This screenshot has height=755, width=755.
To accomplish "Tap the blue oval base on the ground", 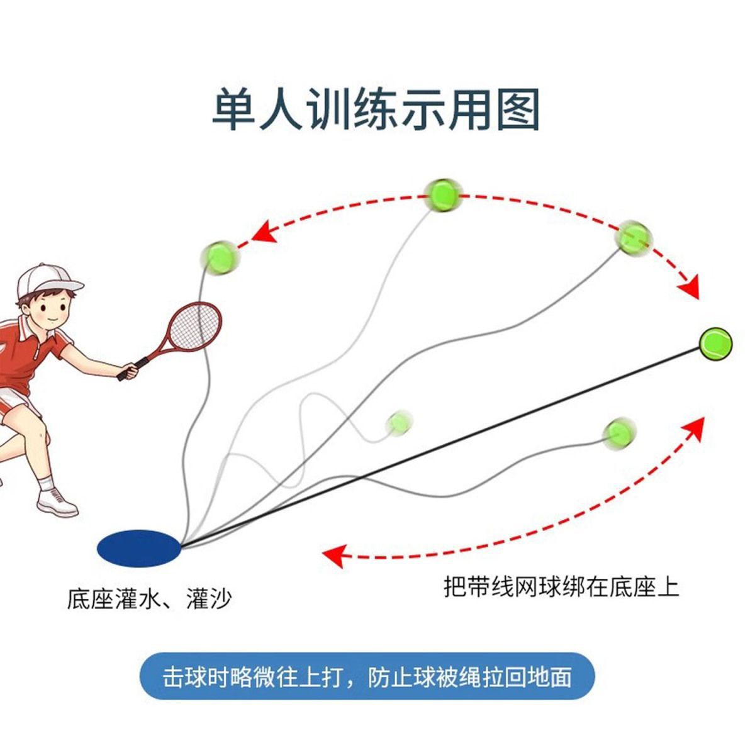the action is [139, 547].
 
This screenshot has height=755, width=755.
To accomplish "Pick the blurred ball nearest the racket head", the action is [220, 257].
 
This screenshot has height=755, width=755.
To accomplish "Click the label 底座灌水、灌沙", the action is [149, 598].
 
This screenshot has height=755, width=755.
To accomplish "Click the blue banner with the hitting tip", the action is [367, 677].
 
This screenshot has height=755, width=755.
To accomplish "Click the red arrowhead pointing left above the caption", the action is [333, 554].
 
